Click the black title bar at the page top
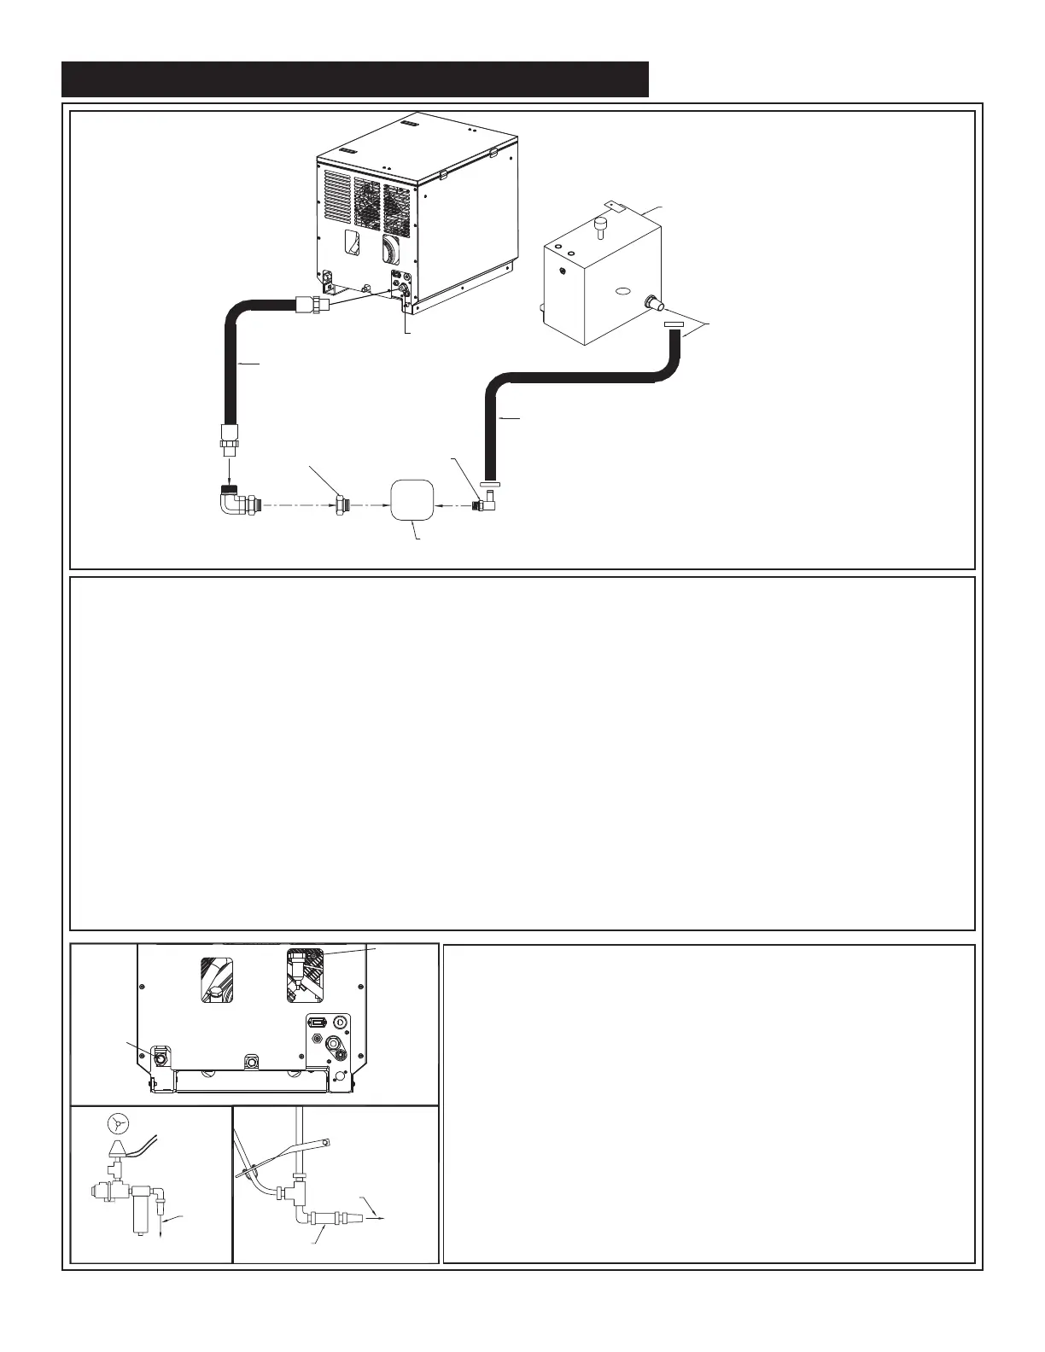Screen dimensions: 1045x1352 355,79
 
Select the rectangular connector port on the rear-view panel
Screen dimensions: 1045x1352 317,1022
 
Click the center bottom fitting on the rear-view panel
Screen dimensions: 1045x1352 251,1061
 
